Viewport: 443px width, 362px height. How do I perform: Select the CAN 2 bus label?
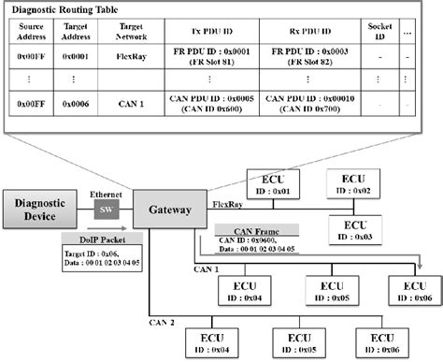[x=162, y=323]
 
